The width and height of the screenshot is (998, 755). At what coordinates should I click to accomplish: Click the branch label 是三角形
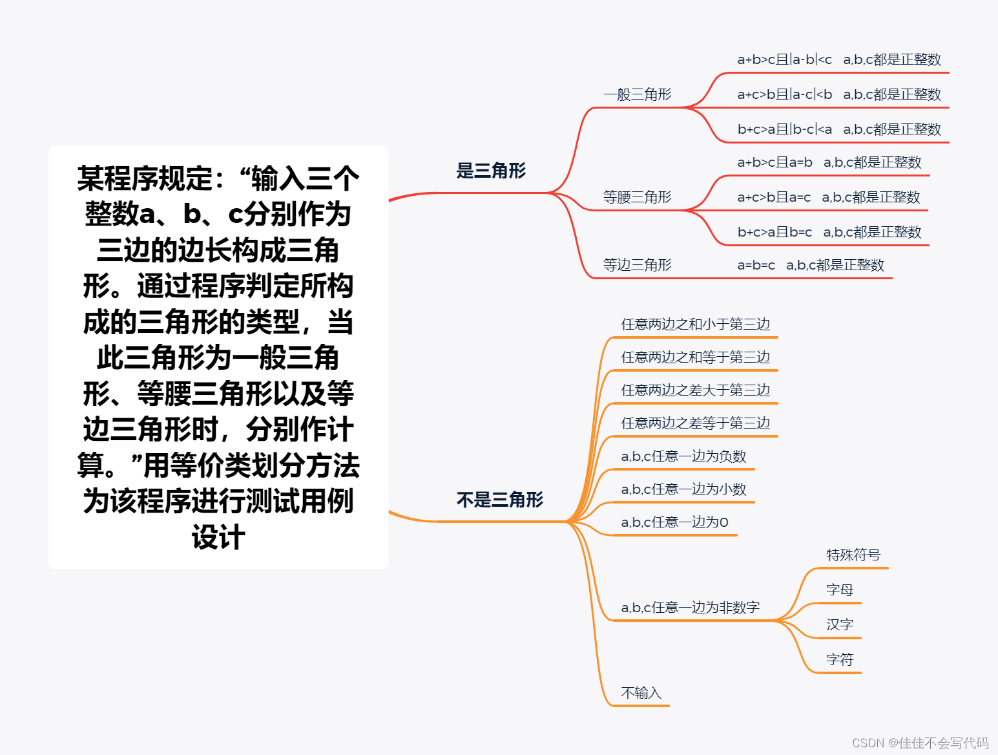coord(491,171)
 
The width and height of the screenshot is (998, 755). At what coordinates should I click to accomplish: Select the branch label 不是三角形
coord(499,500)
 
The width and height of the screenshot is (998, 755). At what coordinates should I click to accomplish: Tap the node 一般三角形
coord(638,94)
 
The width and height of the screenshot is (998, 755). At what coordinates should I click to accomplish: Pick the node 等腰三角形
coord(638,197)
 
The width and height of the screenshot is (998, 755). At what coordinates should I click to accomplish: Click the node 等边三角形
coord(638,265)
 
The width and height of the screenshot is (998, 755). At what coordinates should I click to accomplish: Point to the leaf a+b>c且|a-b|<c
coord(785,60)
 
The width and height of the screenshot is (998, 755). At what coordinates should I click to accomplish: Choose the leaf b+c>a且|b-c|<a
coord(785,129)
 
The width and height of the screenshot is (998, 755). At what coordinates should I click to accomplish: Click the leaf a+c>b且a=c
coord(774,198)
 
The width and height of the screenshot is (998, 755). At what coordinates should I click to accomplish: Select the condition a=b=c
coord(756,265)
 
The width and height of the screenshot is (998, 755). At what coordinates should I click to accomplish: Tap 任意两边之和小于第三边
coord(696,324)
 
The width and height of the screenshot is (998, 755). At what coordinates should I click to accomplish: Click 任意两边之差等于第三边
coord(696,423)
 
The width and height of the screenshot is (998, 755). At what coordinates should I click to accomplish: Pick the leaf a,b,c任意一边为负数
coord(683,456)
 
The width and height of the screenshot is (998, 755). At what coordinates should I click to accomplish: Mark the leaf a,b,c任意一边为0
coord(674,522)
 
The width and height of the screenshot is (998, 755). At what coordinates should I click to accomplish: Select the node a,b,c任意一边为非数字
coord(690,608)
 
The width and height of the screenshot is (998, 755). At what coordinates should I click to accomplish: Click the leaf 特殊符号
coord(853,555)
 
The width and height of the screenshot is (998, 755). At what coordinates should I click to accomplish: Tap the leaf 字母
coord(840,590)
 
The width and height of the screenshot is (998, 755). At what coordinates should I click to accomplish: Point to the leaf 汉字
coord(840,625)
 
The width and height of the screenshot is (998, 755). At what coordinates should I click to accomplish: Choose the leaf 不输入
coord(641,693)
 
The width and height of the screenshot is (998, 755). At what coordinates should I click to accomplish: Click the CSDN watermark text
coord(920,743)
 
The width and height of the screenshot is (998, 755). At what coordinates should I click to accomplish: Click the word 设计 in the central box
coord(218,537)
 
